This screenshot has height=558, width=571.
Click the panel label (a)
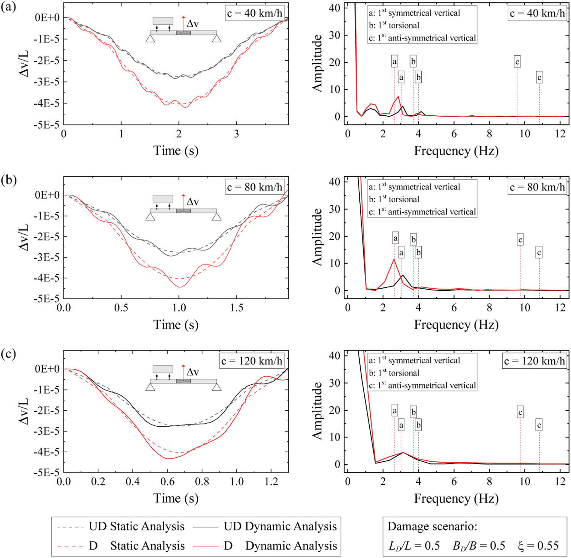pos(8,7)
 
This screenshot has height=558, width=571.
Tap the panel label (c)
pos(8,354)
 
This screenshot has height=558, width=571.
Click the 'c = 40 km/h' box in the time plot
pos(254,13)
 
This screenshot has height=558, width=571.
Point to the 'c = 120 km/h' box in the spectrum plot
pos(534,361)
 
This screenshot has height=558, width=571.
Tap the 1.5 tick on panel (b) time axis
pos(236,308)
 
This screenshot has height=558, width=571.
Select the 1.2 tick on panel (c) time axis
pos(272,482)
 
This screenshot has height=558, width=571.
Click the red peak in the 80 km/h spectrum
pos(394,260)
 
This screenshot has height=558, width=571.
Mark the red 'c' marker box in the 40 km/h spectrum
pos(517,62)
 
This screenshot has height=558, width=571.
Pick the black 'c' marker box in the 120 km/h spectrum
pos(539,425)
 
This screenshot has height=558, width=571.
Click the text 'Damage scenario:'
pos(432,527)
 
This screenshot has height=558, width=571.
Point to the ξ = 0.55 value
pos(538,546)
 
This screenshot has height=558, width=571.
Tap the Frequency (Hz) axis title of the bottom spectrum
pos(456,498)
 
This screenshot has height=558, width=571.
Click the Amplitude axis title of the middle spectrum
pos(318,237)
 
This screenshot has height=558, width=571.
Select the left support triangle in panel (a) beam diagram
pos(150,38)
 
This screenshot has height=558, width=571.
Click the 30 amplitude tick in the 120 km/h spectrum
pos(335,383)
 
